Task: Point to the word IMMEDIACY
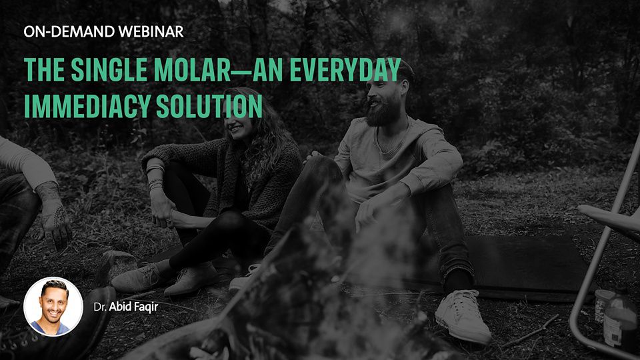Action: [87, 106]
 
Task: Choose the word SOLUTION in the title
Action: [209, 106]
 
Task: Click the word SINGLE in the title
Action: [109, 70]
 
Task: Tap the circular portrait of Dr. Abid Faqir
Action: [53, 307]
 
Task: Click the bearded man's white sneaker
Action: [463, 315]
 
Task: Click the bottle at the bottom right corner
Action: [621, 321]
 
